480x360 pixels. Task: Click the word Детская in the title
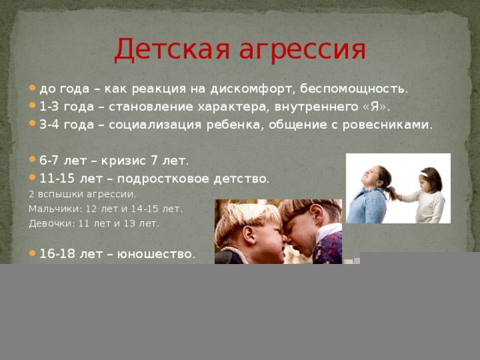(172, 49)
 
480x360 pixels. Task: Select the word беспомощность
(354, 88)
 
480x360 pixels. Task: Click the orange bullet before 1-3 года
(32, 106)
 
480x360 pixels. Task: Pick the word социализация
(155, 125)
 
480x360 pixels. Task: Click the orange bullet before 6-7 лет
(32, 159)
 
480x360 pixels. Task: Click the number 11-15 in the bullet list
(57, 178)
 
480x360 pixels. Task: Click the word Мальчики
(52, 209)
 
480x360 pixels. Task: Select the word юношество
(155, 254)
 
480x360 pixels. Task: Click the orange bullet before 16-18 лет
(32, 253)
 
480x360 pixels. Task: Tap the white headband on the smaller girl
(423, 175)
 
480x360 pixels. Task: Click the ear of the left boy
(249, 235)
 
